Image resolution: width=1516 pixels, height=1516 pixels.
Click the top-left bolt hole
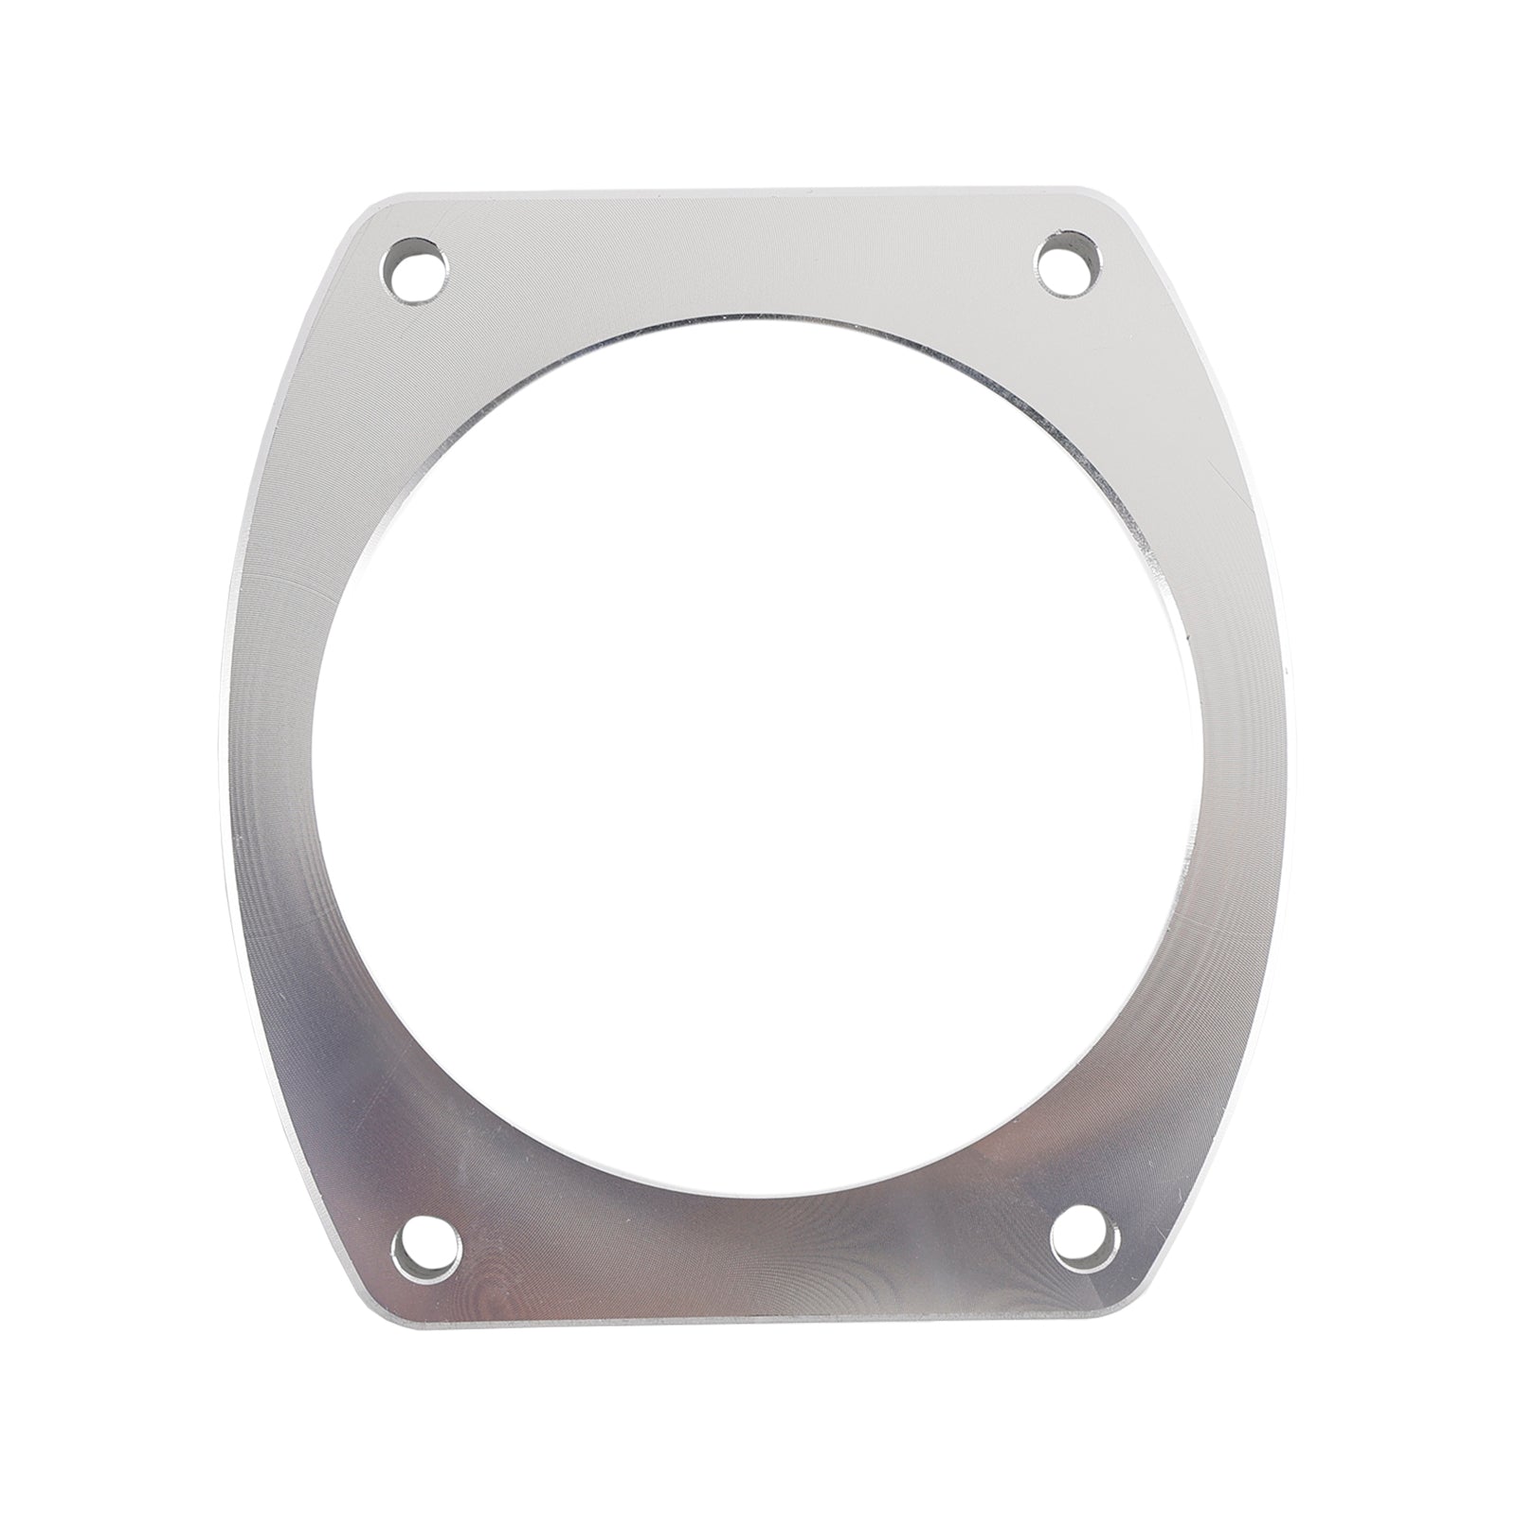click(x=416, y=270)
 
